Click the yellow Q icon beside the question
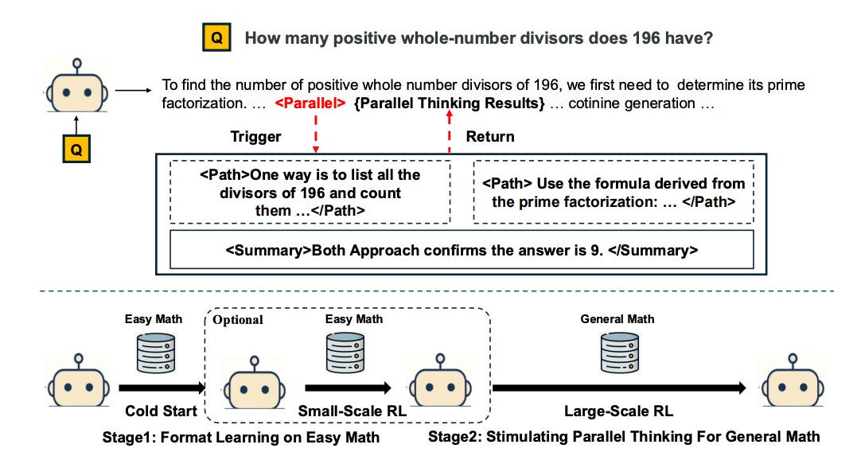click(x=216, y=37)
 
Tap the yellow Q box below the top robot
click(x=76, y=148)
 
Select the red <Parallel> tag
click(x=310, y=103)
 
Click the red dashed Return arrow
click(x=450, y=132)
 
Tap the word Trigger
click(x=255, y=137)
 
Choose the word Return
click(x=489, y=137)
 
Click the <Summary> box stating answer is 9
click(x=462, y=250)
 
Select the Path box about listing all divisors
click(x=310, y=192)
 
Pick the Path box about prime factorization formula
click(x=613, y=193)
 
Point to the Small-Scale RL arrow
click(x=347, y=388)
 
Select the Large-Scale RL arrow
click(x=619, y=388)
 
